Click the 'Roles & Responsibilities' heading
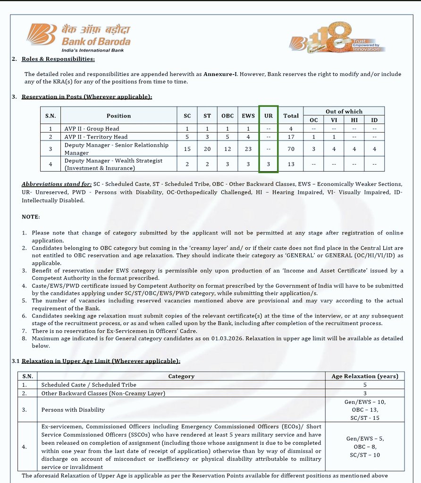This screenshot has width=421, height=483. tap(58, 59)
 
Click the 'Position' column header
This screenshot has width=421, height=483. tap(118, 116)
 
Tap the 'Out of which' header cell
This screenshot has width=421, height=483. tap(344, 111)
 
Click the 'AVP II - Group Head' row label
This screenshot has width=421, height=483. tap(92, 128)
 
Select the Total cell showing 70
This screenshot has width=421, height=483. tap(291, 149)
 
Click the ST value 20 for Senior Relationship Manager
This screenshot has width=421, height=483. tap(207, 149)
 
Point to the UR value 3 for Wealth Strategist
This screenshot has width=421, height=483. tap(269, 164)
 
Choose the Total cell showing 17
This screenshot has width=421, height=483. tap(291, 137)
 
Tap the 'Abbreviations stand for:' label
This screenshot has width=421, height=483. tap(57, 184)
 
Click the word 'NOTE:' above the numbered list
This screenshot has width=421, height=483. tap(31, 217)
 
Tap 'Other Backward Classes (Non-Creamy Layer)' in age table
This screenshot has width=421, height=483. tap(103, 393)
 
